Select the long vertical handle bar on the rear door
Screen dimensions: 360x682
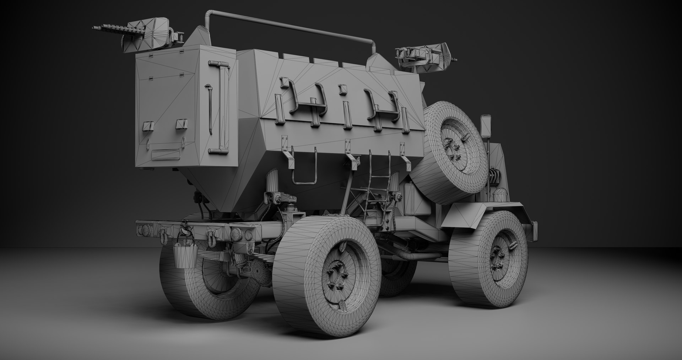[x=223, y=107]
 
